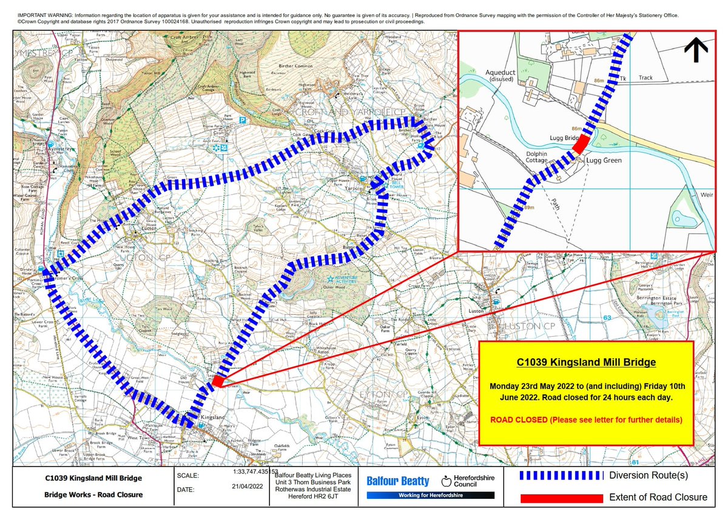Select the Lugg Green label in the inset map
click(602, 160)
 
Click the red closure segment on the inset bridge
click(581, 144)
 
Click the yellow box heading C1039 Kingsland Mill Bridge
click(586, 363)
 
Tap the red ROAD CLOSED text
click(586, 420)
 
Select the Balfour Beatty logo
click(398, 481)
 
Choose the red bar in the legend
click(561, 498)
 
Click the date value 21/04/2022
click(248, 486)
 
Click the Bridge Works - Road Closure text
click(94, 495)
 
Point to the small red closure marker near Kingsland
click(218, 381)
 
